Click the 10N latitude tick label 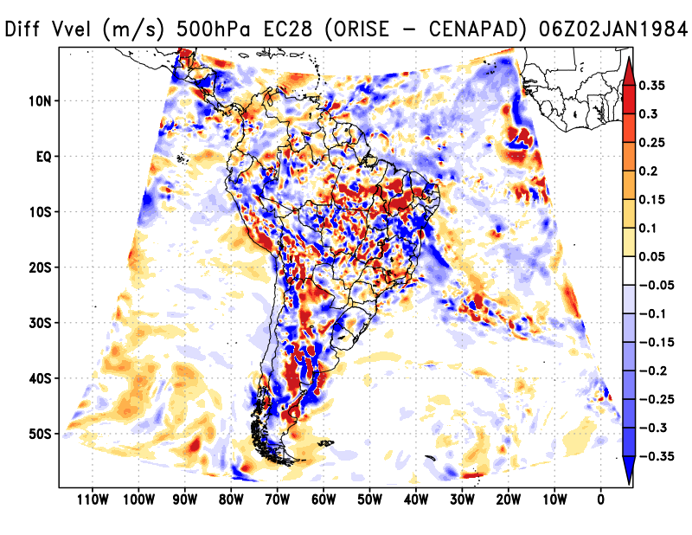click(x=41, y=101)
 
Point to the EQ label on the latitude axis click(x=43, y=157)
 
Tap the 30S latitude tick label click(x=41, y=323)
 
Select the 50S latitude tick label click(x=41, y=433)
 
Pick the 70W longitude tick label click(x=277, y=499)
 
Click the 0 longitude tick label click(x=600, y=499)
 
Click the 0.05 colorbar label click(x=655, y=256)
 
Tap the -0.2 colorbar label click(x=654, y=371)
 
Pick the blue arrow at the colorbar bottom click(x=630, y=472)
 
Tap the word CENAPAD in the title click(x=476, y=30)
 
